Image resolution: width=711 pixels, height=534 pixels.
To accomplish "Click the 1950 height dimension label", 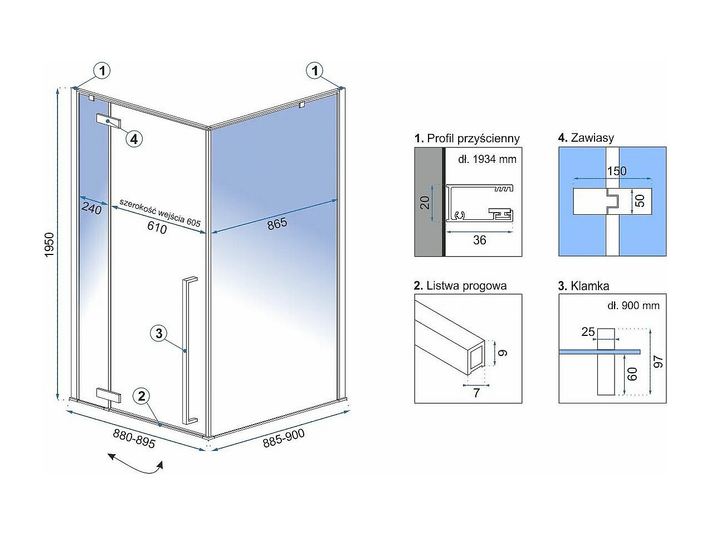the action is [49, 245].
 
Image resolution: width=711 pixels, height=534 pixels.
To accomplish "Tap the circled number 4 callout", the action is [134, 139].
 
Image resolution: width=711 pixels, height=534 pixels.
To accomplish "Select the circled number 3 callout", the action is [159, 333].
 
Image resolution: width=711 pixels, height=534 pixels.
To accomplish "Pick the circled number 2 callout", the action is [142, 396].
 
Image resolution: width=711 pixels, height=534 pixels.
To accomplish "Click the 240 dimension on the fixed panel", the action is [91, 208].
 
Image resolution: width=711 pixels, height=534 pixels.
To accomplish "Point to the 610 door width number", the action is [157, 227].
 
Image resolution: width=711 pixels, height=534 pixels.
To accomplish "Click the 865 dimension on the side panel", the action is [277, 224].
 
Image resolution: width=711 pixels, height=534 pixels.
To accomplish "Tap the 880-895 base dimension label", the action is [134, 439].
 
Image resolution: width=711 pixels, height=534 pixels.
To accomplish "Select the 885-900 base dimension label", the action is [284, 438].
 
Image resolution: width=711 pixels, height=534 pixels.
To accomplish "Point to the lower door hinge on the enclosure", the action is [109, 396].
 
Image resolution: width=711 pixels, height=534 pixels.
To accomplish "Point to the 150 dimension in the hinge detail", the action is [616, 171].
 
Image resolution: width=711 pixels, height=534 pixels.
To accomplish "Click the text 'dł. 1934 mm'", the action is [487, 159].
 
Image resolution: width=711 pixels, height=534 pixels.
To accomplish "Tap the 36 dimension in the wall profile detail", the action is [479, 240].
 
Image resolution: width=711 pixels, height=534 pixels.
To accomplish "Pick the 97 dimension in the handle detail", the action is [658, 362].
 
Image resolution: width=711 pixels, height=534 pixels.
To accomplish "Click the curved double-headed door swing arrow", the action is [135, 465].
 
